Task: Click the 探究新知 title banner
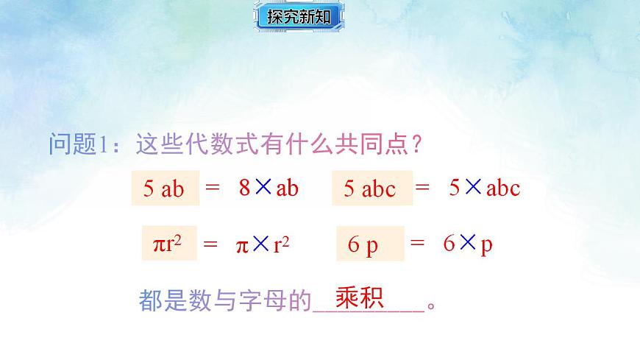(299, 17)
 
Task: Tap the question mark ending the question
(416, 144)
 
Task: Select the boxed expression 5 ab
(166, 188)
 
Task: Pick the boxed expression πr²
(169, 244)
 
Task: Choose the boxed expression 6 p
(370, 244)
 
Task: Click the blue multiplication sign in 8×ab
(264, 187)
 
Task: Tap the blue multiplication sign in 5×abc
(473, 187)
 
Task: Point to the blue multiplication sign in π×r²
(260, 244)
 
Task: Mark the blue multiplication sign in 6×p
(469, 244)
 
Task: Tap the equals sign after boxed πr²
(210, 244)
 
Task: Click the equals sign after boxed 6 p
(418, 244)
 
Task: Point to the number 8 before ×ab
(245, 188)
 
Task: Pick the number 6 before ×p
(449, 244)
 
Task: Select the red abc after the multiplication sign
(503, 188)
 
